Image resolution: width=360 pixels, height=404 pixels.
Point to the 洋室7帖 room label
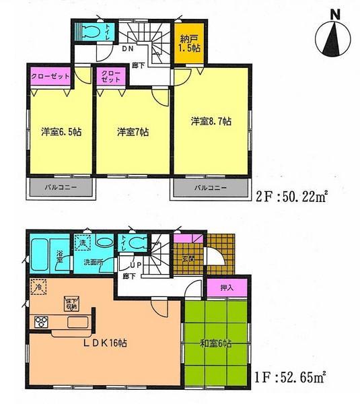(x=132, y=131)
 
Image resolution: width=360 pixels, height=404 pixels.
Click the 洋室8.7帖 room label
(x=212, y=122)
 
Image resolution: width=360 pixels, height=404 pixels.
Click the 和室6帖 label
(x=215, y=343)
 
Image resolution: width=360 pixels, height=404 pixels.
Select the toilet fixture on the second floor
(x=89, y=32)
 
